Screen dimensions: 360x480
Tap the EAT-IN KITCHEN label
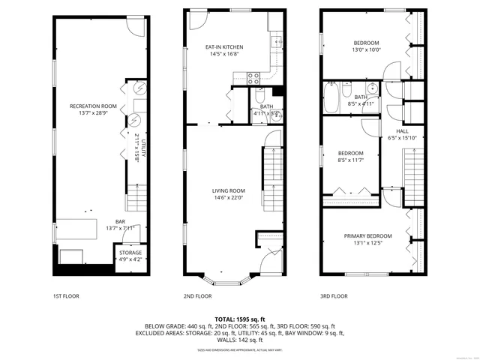coord(224,47)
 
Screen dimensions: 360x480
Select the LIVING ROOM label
coord(228,190)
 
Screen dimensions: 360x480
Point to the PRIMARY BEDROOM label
coord(368,236)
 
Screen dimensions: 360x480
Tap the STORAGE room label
coord(130,253)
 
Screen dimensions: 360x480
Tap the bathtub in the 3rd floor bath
coord(331,96)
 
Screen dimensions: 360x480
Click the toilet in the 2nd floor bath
coord(259,96)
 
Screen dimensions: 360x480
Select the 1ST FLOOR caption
coord(66,296)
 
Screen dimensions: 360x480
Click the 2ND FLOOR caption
coord(198,296)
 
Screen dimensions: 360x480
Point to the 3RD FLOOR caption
coord(334,296)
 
